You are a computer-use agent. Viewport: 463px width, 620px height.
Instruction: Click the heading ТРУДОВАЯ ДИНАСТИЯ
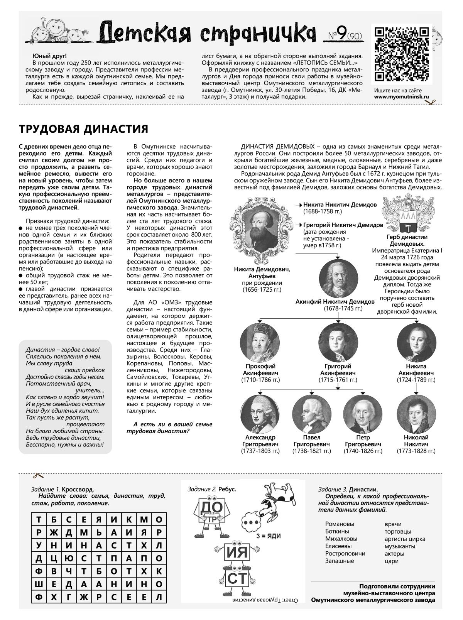click(83, 128)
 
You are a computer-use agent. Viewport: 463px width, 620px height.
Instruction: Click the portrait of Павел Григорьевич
click(311, 413)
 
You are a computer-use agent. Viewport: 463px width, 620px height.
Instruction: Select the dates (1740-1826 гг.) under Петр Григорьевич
click(363, 451)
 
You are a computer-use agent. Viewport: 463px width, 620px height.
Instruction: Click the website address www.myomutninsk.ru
click(401, 98)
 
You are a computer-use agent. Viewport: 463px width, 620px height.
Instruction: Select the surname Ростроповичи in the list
click(345, 553)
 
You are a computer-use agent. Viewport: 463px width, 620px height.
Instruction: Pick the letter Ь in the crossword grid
click(99, 533)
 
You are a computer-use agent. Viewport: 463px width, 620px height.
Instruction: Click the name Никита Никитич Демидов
click(340, 205)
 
